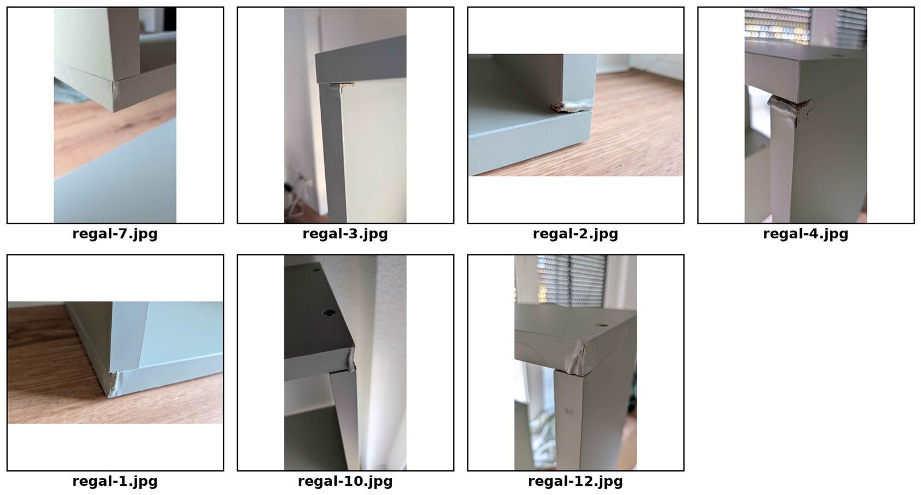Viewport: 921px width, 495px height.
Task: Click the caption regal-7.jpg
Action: (115, 234)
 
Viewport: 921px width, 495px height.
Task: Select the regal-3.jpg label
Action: (345, 234)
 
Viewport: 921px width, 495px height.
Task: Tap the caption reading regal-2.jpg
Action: (575, 234)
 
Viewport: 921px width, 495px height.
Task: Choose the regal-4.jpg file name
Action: (805, 234)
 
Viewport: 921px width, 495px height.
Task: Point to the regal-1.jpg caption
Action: (115, 481)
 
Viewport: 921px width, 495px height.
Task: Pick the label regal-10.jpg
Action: (345, 481)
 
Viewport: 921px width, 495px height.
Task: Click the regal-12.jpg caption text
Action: (575, 481)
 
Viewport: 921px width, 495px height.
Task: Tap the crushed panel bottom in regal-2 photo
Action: (572, 107)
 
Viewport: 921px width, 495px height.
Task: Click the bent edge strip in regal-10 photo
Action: (350, 360)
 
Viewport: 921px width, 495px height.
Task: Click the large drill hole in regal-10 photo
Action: (329, 313)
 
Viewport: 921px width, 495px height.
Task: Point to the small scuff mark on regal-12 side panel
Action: (569, 410)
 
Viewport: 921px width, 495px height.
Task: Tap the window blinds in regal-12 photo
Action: (572, 280)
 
